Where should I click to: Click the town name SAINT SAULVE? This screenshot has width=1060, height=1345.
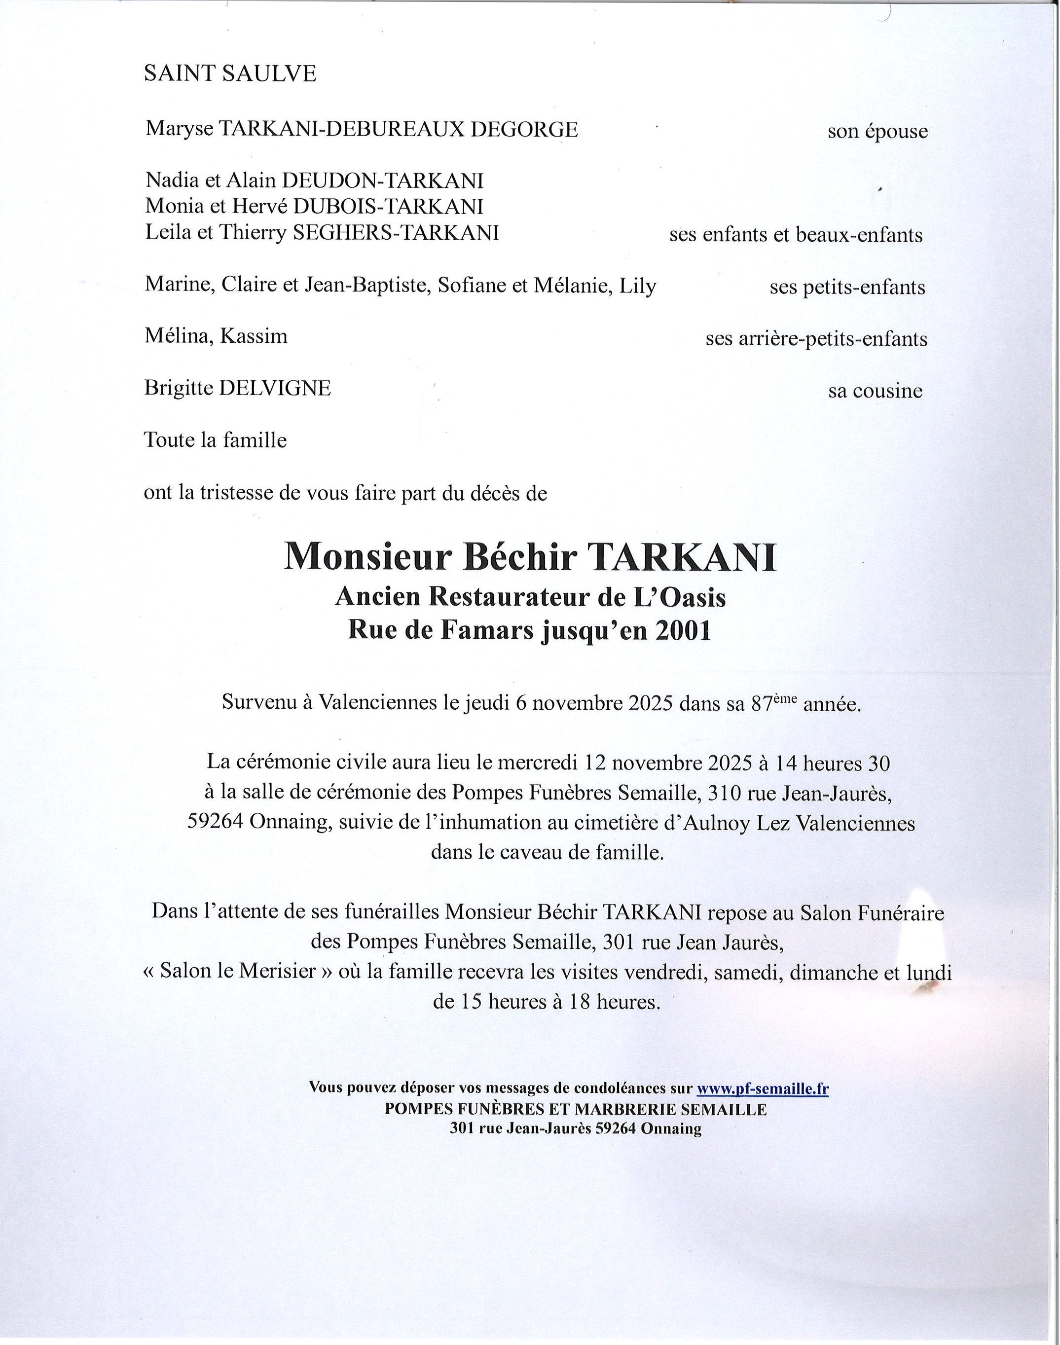point(230,74)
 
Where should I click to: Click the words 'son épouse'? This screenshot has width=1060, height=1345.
point(877,132)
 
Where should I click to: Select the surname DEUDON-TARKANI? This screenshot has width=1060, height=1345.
point(382,181)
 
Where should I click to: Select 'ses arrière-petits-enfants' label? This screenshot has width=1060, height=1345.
point(816,339)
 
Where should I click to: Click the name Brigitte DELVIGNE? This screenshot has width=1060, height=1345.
point(238,388)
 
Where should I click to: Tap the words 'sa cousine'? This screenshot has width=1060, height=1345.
point(875,392)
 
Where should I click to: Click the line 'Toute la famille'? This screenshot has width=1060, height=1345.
point(216,440)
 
